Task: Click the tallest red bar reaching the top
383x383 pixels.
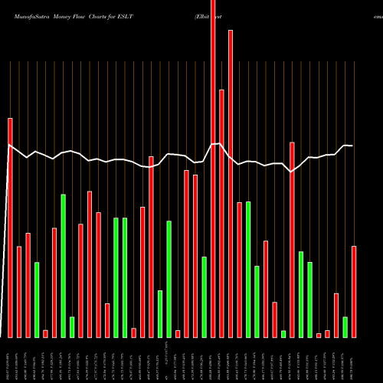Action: (213, 169)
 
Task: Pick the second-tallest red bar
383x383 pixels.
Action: (231, 184)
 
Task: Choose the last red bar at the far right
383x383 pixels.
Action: (354, 291)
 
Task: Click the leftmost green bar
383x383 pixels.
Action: (37, 300)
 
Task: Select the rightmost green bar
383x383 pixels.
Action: (345, 327)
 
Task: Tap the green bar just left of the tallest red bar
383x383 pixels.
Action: (205, 296)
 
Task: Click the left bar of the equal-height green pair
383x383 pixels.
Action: (116, 277)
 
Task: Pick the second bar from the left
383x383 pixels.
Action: (19, 291)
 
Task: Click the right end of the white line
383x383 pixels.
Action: (352, 146)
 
